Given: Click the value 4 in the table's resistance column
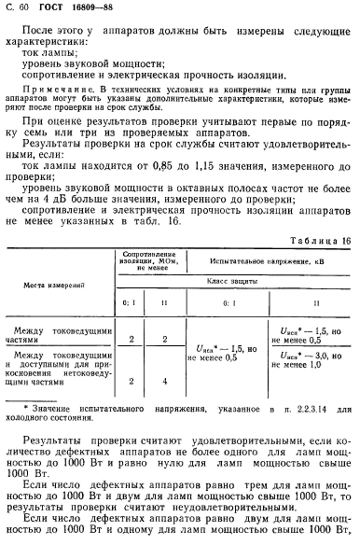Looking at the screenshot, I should tap(165, 380).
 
